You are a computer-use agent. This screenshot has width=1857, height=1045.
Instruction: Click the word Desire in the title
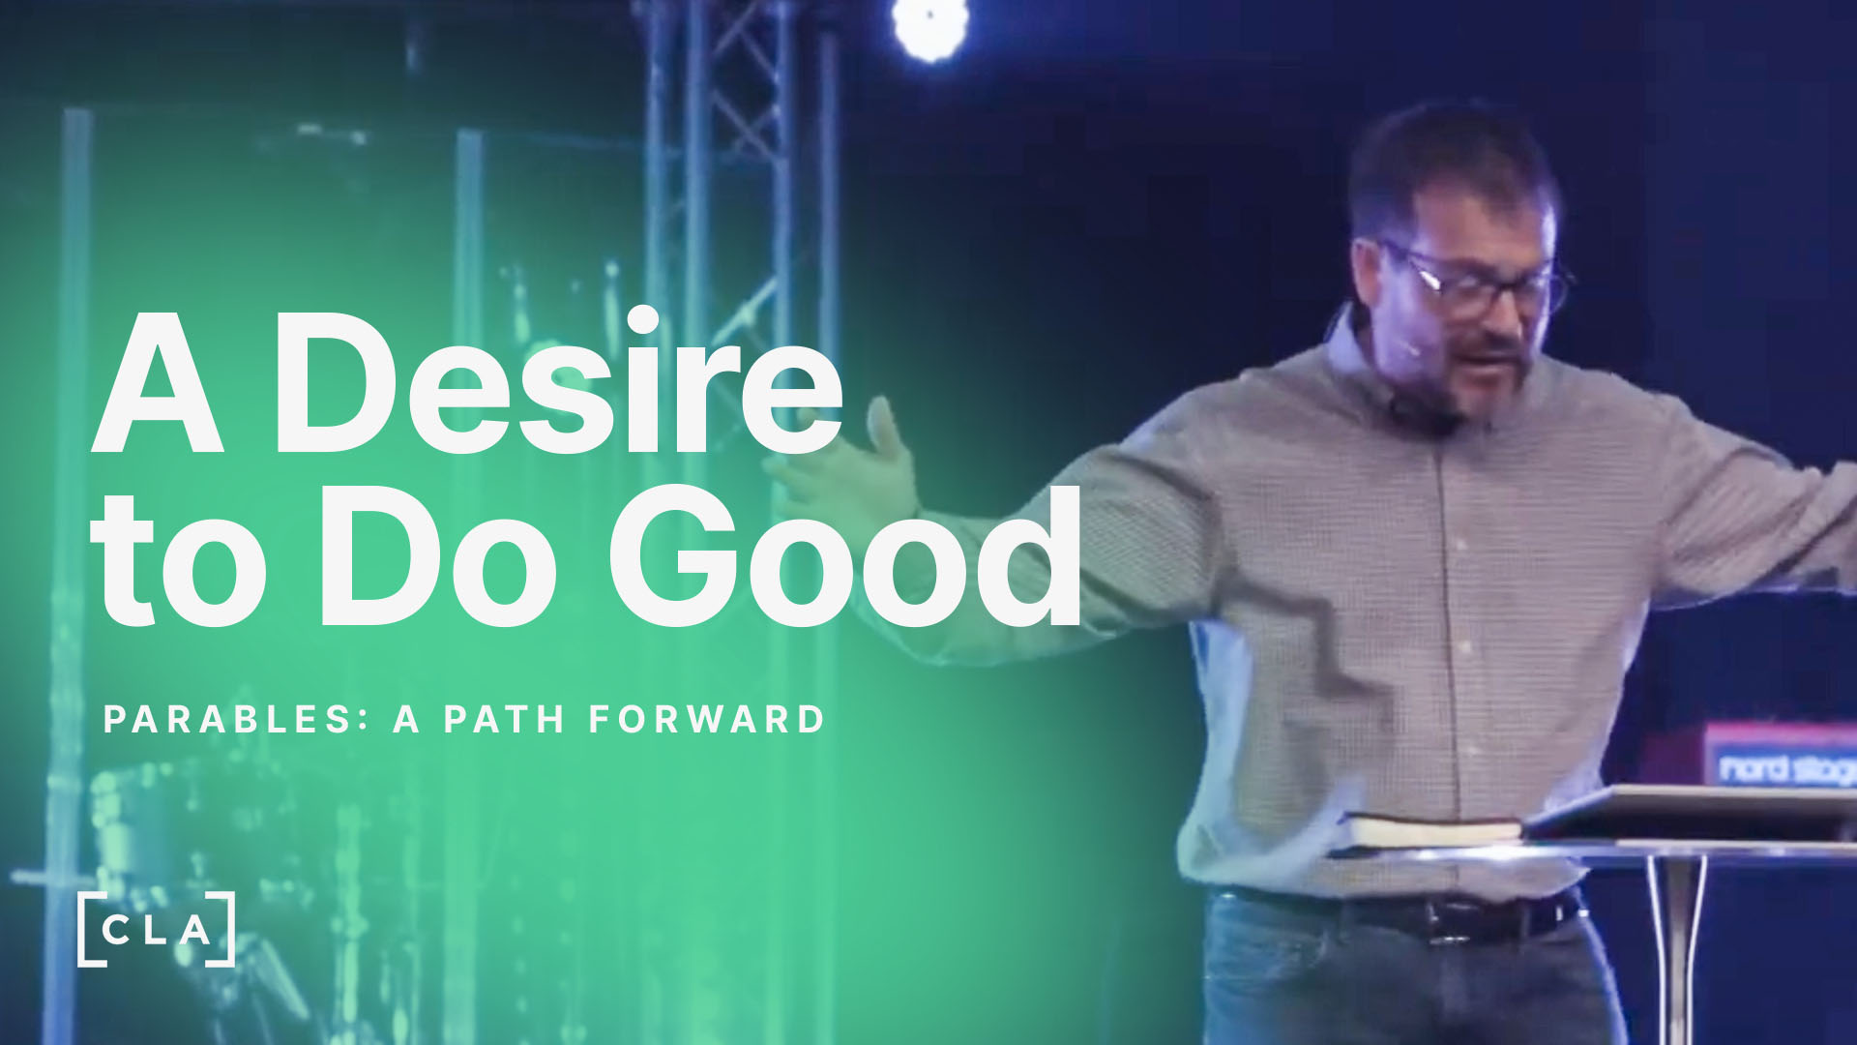point(558,380)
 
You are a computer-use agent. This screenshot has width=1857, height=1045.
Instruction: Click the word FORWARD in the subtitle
point(706,720)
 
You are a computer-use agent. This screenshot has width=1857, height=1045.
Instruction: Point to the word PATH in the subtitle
point(504,720)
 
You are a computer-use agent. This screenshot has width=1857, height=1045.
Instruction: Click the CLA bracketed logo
point(156,930)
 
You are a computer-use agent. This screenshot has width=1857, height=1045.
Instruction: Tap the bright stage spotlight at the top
point(929,27)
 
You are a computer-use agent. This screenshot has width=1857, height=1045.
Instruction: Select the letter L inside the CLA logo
point(156,931)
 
